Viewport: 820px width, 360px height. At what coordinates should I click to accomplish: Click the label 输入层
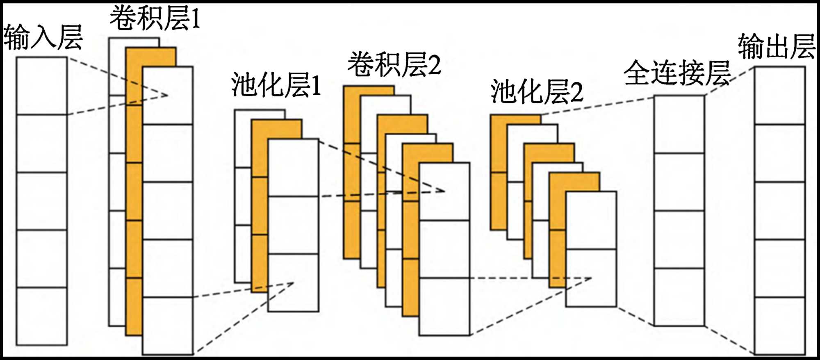click(43, 38)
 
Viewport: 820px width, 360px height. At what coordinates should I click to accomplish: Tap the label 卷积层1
click(155, 18)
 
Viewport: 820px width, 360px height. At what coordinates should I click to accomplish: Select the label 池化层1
click(276, 85)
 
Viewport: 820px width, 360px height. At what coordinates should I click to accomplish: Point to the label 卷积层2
click(394, 65)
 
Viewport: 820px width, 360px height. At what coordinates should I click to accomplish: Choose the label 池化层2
click(537, 92)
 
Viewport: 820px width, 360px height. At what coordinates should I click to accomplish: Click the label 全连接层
click(677, 73)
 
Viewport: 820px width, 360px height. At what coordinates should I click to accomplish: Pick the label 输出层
click(776, 47)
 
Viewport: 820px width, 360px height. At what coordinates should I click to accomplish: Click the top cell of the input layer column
click(41, 86)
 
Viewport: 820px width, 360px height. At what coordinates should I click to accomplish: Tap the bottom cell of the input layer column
click(41, 316)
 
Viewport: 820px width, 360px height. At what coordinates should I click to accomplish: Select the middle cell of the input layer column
click(41, 201)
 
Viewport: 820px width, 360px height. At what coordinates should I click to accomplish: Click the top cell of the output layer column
click(780, 95)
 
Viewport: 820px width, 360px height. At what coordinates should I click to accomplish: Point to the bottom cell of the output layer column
click(780, 326)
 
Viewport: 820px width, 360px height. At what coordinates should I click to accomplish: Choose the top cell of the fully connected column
click(679, 124)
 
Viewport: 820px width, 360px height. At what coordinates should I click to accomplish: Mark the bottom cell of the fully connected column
click(679, 297)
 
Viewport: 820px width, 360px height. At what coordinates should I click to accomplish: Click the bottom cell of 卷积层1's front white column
click(168, 326)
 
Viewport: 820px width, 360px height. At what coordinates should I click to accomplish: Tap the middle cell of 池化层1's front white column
click(293, 225)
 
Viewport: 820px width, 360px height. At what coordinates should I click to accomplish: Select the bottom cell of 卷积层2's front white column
click(444, 307)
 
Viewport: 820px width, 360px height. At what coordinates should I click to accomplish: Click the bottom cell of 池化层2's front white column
click(591, 278)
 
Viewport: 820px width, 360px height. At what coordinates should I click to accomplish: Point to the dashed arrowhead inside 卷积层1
click(166, 96)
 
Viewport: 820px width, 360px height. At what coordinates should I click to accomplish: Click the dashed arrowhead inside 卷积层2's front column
click(443, 191)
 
